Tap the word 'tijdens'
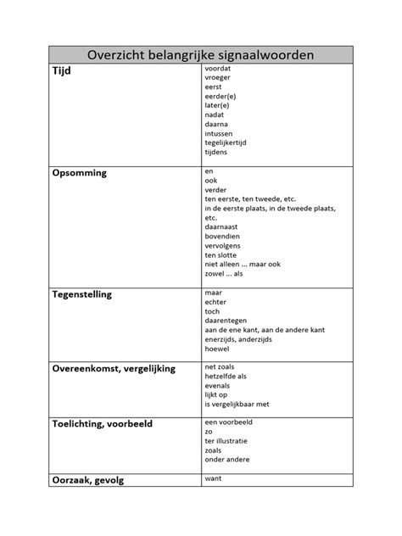point(216,153)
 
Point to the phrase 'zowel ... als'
point(224,273)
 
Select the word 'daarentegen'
point(225,321)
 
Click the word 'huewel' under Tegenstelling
point(216,349)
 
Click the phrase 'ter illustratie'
point(227,441)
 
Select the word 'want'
point(213,479)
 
